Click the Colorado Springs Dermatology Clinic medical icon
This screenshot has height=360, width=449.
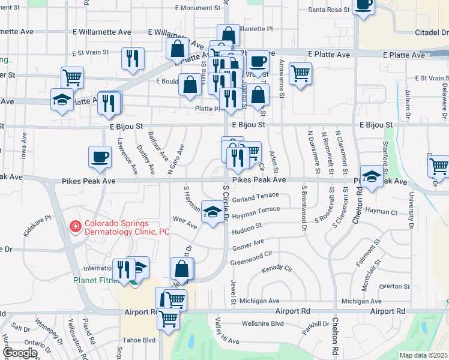(x=76, y=227)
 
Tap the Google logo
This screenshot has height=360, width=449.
(x=19, y=353)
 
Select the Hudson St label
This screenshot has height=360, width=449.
(x=246, y=227)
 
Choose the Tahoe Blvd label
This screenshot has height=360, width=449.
(x=140, y=340)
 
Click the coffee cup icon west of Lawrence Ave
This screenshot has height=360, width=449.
(x=100, y=157)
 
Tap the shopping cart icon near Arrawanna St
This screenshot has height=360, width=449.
(x=300, y=73)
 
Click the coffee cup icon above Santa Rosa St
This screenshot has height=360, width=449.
(x=363, y=5)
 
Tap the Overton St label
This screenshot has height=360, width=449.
(x=394, y=286)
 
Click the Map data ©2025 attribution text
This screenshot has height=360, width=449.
(x=423, y=355)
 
